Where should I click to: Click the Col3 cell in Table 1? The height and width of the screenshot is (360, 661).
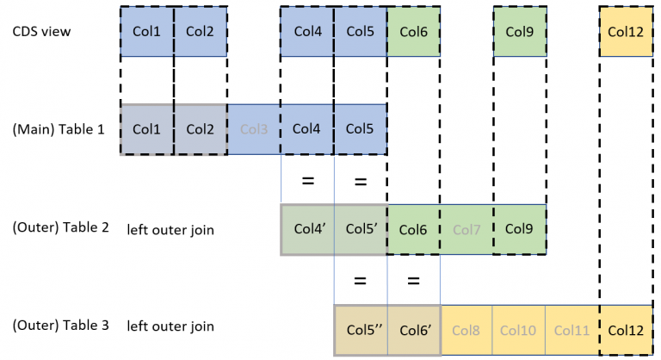254,129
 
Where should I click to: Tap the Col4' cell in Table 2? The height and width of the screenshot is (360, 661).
307,230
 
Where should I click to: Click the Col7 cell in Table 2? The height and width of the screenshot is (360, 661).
466,230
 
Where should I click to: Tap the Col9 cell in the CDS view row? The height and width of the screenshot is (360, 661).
519,32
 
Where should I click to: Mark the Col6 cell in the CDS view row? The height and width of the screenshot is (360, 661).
413,32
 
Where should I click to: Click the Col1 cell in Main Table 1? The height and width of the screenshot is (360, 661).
147,129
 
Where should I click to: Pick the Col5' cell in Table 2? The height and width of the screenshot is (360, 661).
361,230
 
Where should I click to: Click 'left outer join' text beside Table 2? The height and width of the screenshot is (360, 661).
170,230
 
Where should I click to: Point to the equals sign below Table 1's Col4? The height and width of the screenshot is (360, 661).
307,182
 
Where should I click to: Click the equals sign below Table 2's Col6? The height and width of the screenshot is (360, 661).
414,280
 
